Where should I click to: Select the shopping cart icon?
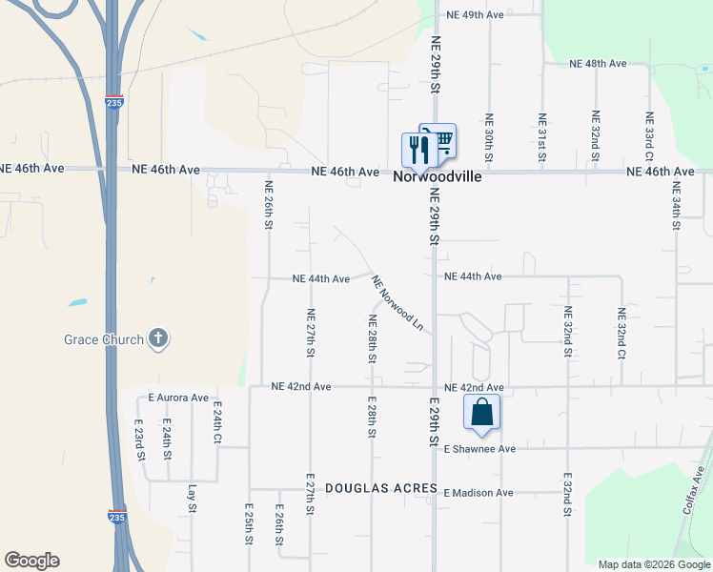pyautogui.click(x=439, y=141)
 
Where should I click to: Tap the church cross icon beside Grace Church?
pyautogui.click(x=158, y=338)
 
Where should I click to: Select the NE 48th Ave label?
pyautogui.click(x=598, y=63)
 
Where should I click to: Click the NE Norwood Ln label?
pyautogui.click(x=397, y=303)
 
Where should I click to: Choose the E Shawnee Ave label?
pyautogui.click(x=479, y=448)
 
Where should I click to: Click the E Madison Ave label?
pyautogui.click(x=479, y=493)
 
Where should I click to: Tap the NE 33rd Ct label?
pyautogui.click(x=649, y=136)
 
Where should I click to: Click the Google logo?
pyautogui.click(x=32, y=561)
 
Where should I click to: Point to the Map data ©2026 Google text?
pyautogui.click(x=654, y=564)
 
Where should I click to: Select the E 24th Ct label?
pyautogui.click(x=217, y=423)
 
